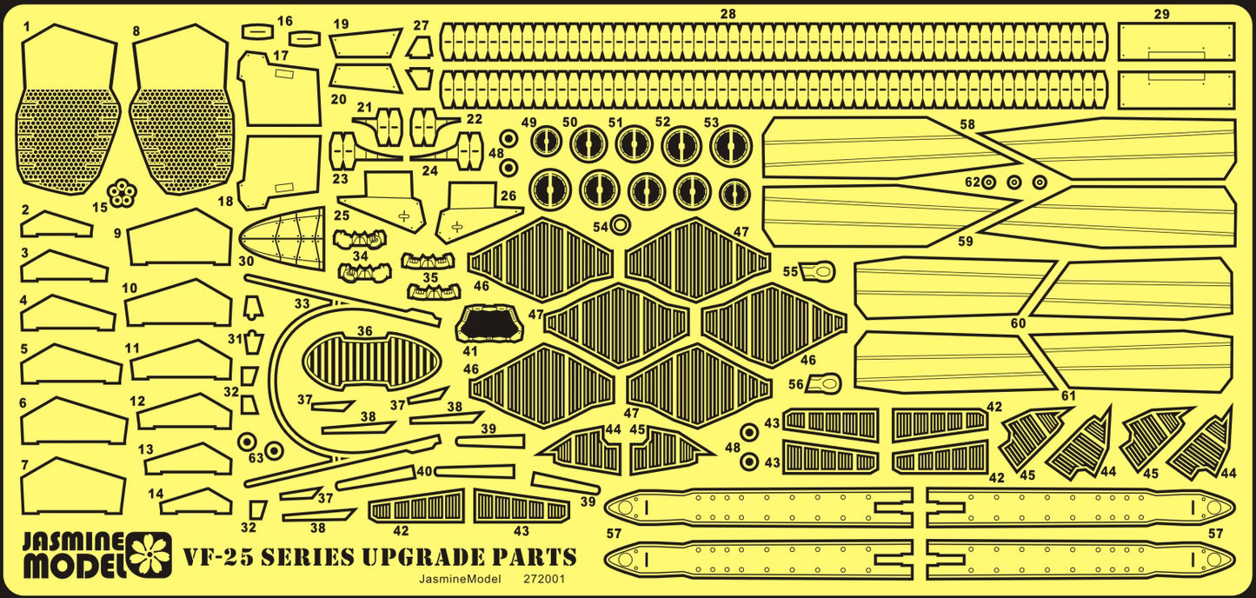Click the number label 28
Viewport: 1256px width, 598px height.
click(728, 13)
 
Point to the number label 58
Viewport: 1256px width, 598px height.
click(967, 125)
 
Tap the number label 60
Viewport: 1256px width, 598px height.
click(1018, 323)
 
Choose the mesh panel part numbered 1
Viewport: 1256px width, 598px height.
click(69, 109)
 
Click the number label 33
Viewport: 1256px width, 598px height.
click(302, 304)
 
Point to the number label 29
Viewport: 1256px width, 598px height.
click(1162, 14)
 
